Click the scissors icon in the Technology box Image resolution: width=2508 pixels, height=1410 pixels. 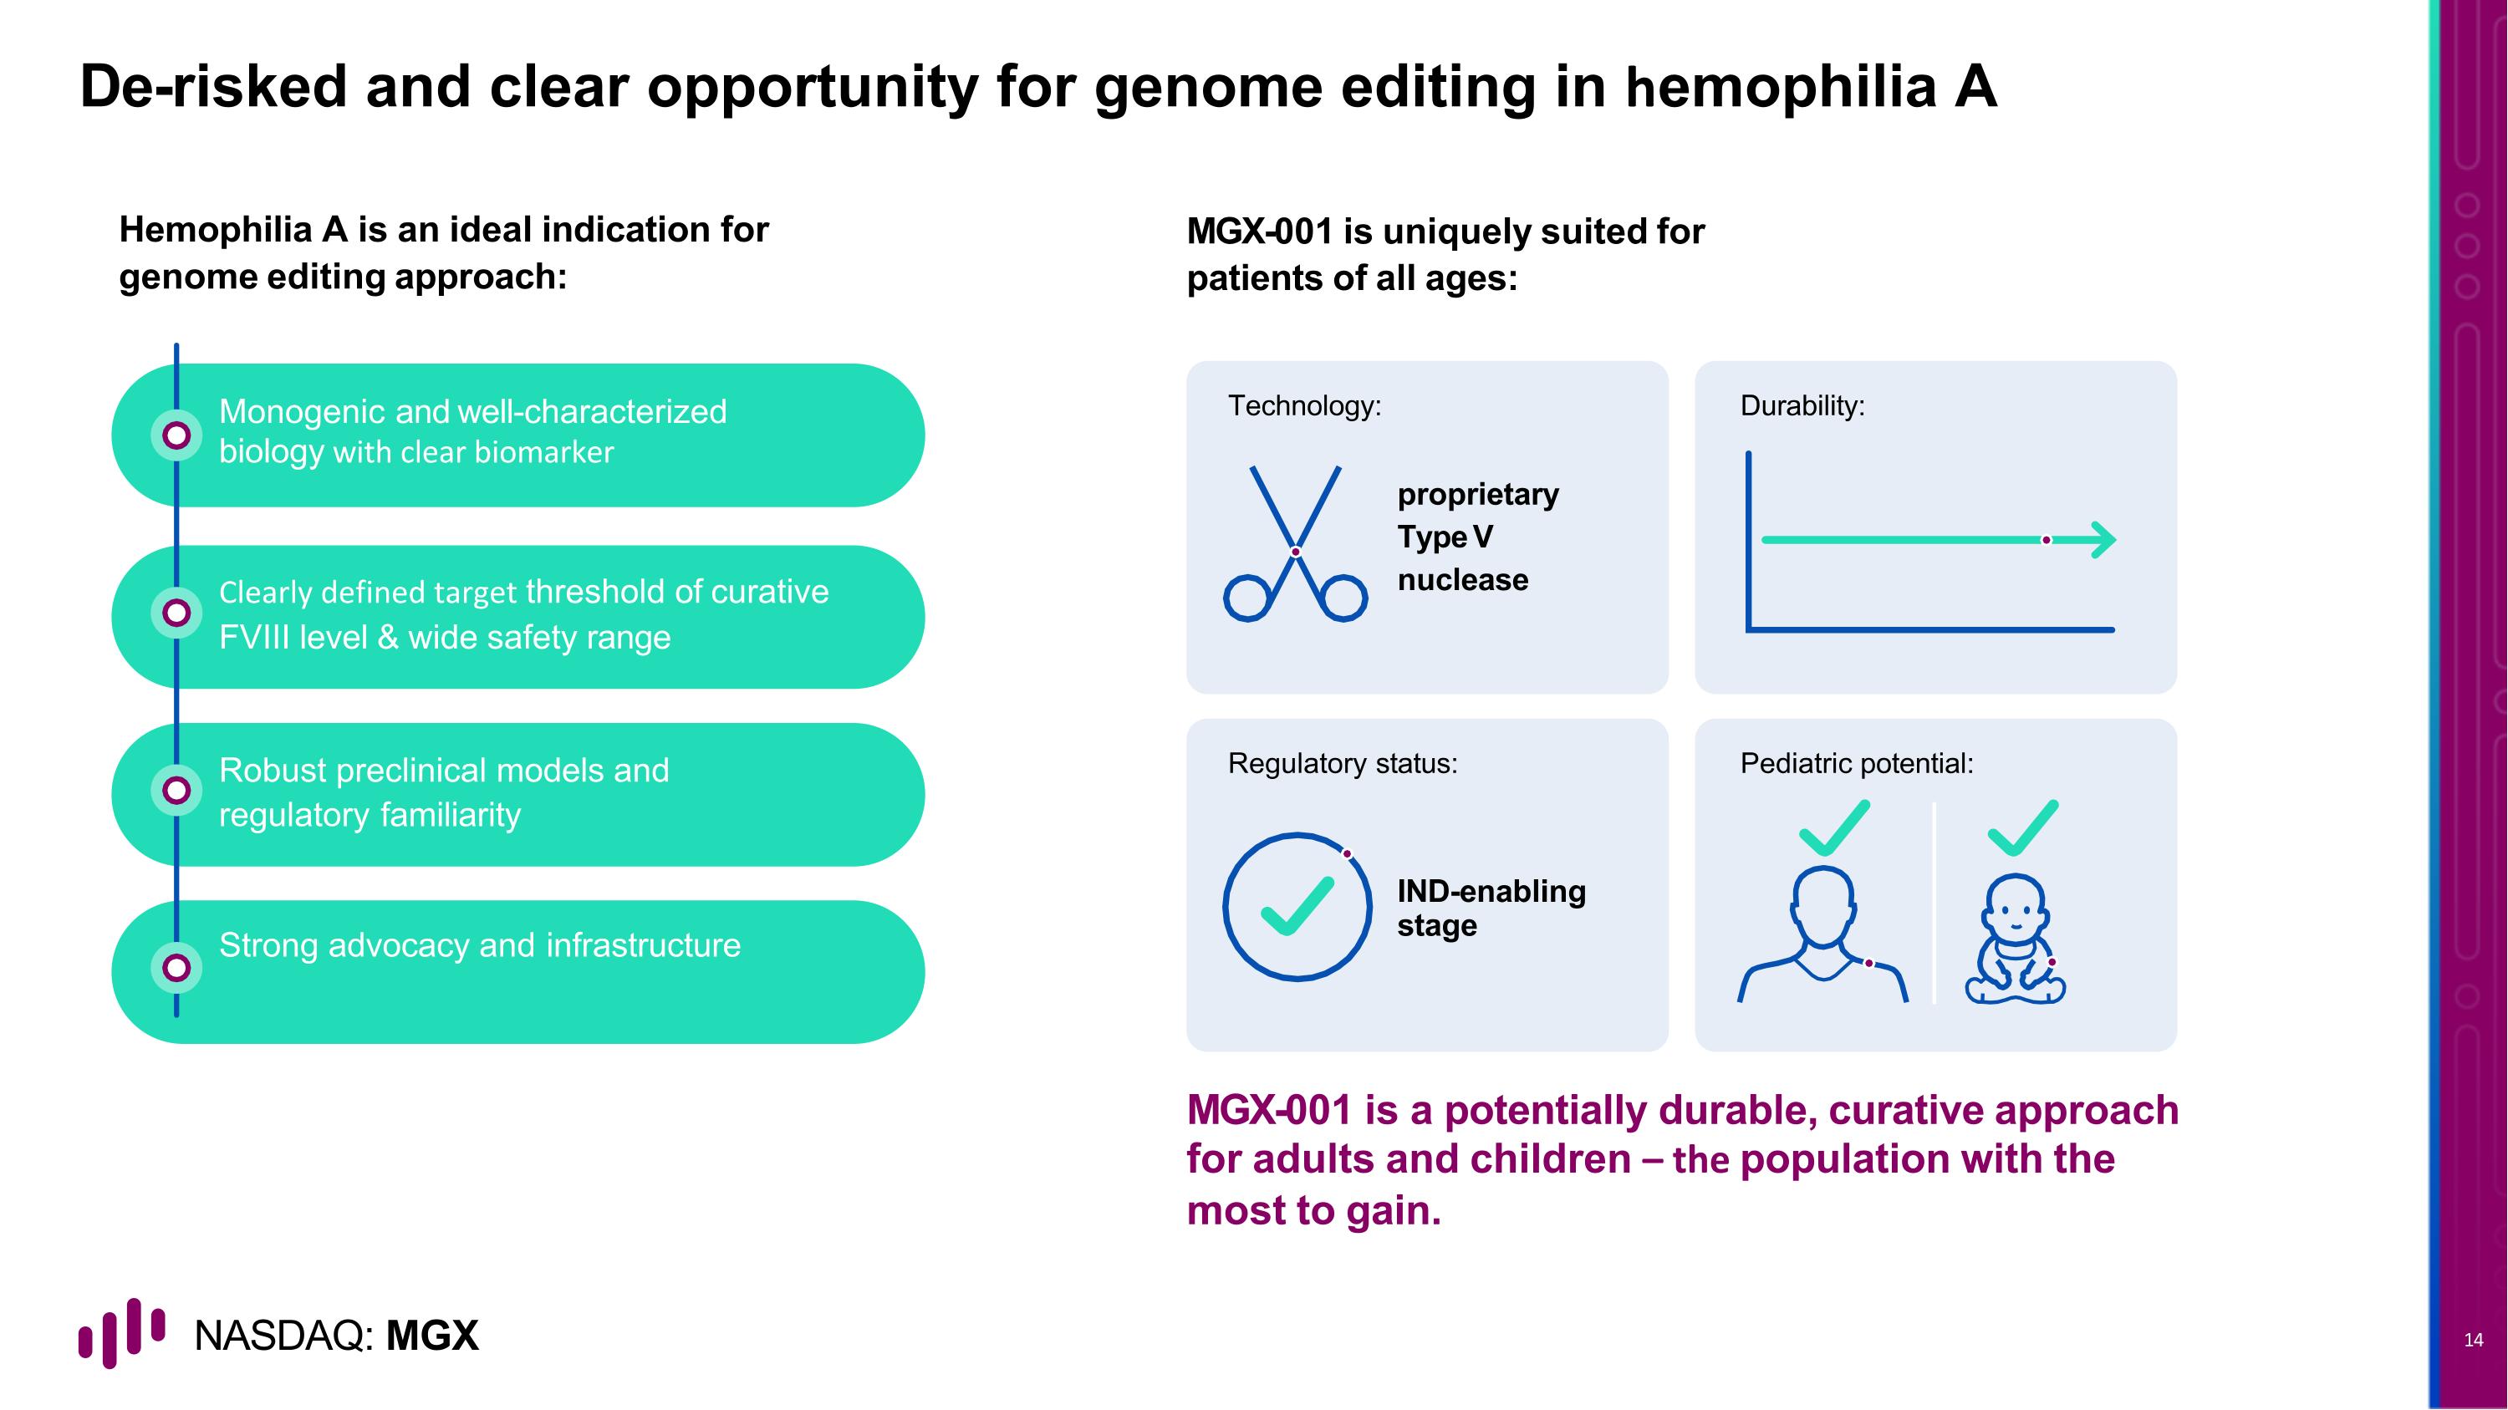click(1295, 543)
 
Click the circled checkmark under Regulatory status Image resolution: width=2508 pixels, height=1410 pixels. click(1297, 906)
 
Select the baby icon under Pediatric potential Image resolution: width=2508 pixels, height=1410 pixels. click(2015, 939)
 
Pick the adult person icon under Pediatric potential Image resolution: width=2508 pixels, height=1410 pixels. click(1822, 934)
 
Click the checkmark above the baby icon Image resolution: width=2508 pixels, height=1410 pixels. click(2023, 827)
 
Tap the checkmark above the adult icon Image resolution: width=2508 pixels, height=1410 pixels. click(1834, 827)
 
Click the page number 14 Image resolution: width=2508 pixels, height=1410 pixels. click(2473, 1340)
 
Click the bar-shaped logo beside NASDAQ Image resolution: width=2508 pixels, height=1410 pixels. click(122, 1332)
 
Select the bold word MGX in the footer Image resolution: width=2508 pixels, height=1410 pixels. click(432, 1336)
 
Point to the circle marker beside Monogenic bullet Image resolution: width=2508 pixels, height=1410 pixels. click(176, 435)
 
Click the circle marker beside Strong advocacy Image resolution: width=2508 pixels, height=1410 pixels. click(176, 968)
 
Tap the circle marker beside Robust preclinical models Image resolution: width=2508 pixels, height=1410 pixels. click(176, 790)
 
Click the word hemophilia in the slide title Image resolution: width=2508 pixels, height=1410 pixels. click(1780, 88)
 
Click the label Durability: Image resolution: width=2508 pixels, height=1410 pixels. click(1802, 405)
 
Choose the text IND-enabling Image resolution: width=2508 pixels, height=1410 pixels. click(1491, 891)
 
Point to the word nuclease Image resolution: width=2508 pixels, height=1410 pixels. click(1462, 580)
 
